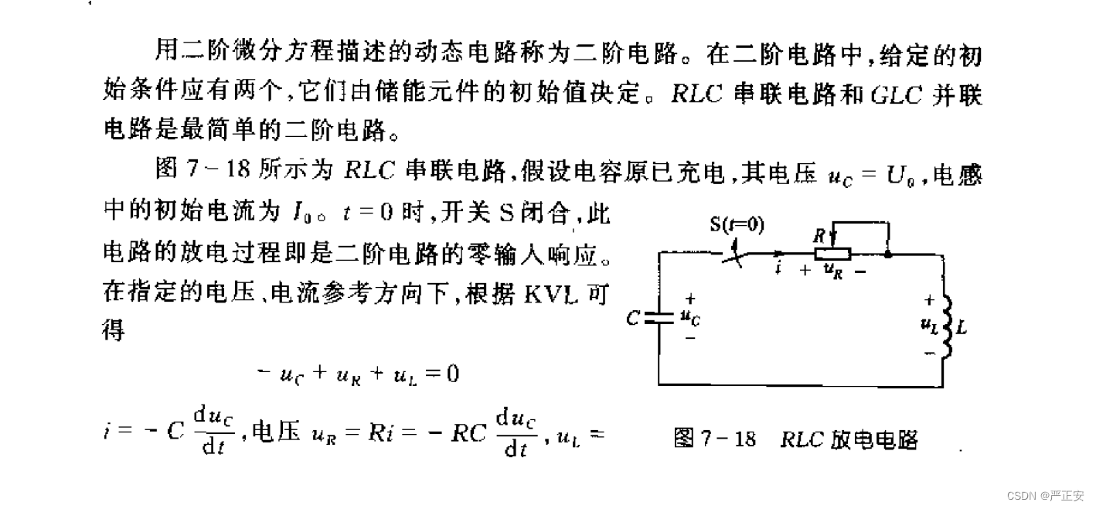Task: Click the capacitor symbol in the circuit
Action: coord(659,317)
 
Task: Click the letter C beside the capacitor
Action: coord(634,318)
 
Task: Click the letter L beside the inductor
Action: coord(962,327)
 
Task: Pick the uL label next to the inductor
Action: coord(929,326)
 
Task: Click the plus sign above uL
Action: coord(929,301)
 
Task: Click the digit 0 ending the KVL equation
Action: coord(452,374)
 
